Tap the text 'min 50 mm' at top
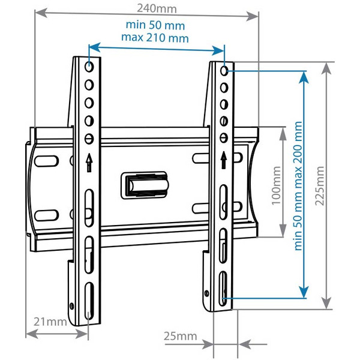click(155, 26)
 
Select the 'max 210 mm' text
click(155, 37)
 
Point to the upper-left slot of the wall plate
click(46, 160)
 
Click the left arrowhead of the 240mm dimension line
click(38, 16)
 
